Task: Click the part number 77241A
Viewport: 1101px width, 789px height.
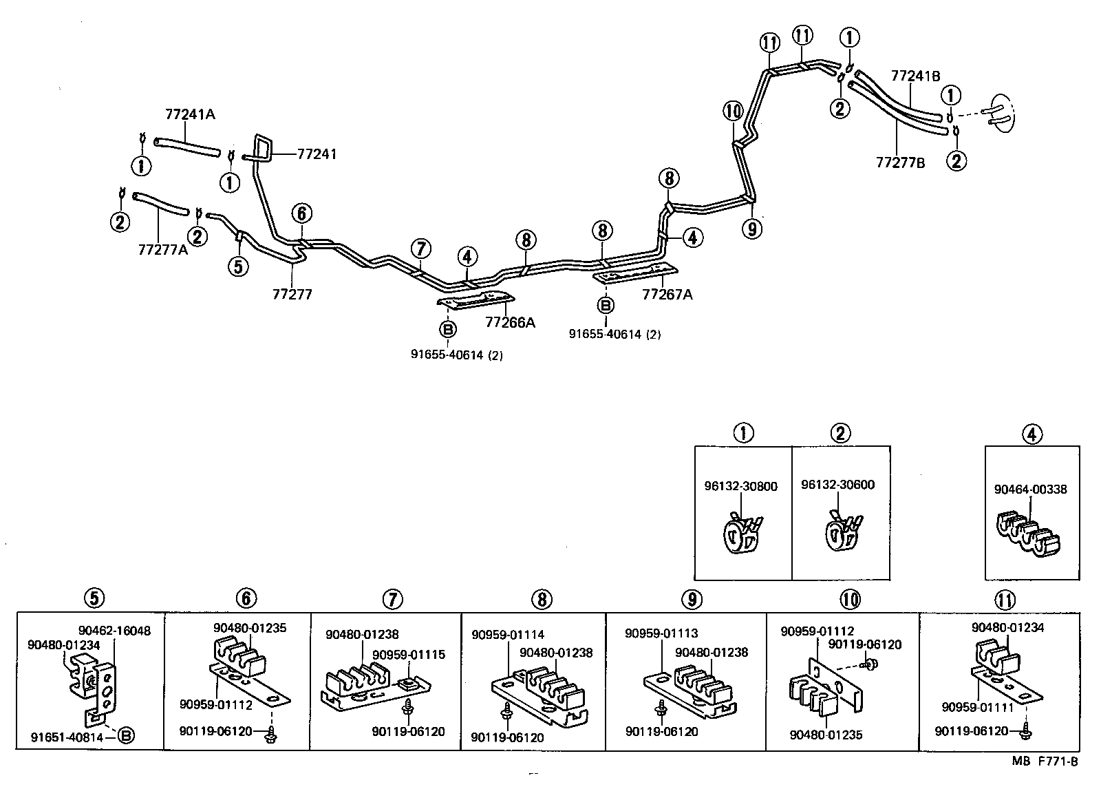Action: (190, 114)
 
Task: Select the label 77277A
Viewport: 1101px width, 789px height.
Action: (162, 249)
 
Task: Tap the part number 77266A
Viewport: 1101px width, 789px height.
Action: (510, 322)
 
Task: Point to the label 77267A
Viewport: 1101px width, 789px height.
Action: (667, 295)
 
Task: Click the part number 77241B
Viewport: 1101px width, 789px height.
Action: (915, 76)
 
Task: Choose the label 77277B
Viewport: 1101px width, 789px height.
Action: (900, 162)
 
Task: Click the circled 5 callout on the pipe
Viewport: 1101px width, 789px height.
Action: (237, 266)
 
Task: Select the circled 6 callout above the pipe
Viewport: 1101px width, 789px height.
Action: (301, 214)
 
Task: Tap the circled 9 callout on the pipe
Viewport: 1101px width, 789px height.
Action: (752, 228)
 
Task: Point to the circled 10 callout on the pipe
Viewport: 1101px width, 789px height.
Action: (733, 110)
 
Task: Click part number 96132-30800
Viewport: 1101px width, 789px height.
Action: (740, 486)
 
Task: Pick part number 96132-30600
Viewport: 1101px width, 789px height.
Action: (837, 485)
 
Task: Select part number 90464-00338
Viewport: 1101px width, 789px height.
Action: (1030, 490)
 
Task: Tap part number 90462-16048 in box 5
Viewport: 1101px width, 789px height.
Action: (114, 630)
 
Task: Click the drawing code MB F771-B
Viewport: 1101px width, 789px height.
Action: (1045, 761)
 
